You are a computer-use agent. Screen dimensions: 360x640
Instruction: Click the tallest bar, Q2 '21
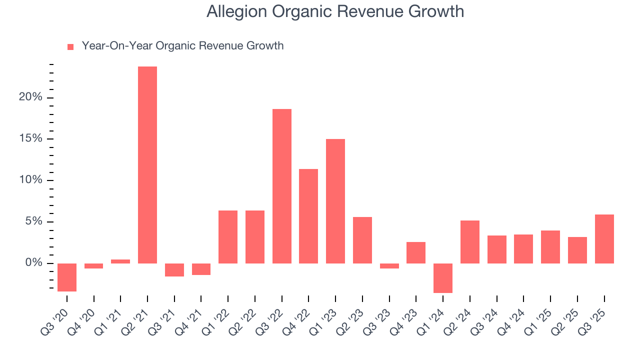(x=147, y=165)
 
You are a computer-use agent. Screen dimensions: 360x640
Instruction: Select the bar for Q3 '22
(x=282, y=186)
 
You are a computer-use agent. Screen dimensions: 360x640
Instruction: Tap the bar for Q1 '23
(x=335, y=201)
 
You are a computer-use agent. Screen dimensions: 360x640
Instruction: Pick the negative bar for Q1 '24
(x=443, y=278)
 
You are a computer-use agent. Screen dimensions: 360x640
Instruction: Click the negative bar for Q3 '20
(x=67, y=277)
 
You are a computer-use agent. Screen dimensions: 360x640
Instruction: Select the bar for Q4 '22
(x=308, y=216)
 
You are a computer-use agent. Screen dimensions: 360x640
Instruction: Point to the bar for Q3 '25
(x=604, y=239)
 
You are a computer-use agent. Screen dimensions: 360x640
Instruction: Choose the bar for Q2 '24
(x=470, y=242)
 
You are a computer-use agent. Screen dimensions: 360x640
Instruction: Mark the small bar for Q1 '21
(x=120, y=261)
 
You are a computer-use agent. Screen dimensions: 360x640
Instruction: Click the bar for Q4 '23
(x=416, y=252)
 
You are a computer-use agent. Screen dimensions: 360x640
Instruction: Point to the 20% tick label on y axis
(x=30, y=97)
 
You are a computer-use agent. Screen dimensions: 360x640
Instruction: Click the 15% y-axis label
(x=30, y=138)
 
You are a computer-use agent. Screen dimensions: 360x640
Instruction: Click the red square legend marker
(x=70, y=46)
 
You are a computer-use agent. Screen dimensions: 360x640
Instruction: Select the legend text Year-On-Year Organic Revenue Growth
(x=182, y=46)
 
